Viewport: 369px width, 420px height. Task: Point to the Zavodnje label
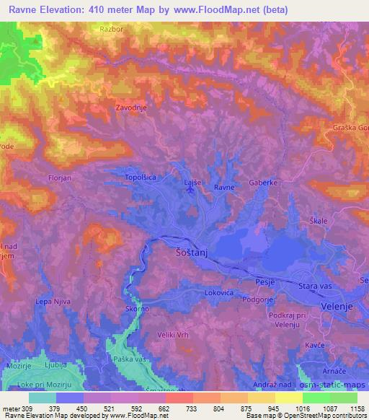(130, 108)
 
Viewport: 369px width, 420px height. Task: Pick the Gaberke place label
(263, 183)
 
